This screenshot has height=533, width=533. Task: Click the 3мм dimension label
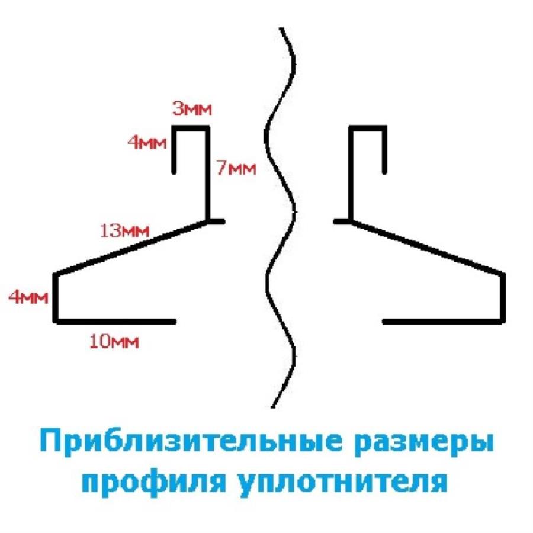(x=192, y=109)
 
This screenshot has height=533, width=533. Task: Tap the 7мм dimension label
(x=236, y=168)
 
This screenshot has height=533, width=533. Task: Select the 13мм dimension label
(x=125, y=231)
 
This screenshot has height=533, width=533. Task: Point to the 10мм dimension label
(x=114, y=341)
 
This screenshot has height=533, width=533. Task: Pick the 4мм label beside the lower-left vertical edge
(x=28, y=297)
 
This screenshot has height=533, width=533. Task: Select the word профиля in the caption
(x=153, y=482)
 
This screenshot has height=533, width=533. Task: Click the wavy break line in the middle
(x=280, y=217)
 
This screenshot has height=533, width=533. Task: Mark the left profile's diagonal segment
(x=131, y=247)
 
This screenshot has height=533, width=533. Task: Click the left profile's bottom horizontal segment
(x=115, y=322)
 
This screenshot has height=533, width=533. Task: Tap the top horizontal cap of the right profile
(x=368, y=128)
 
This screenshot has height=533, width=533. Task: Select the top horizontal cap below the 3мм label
(x=191, y=128)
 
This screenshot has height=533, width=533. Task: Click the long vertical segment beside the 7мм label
(x=207, y=174)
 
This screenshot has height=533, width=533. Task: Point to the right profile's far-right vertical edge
(x=503, y=297)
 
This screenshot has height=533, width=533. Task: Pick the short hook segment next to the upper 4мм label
(x=174, y=150)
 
